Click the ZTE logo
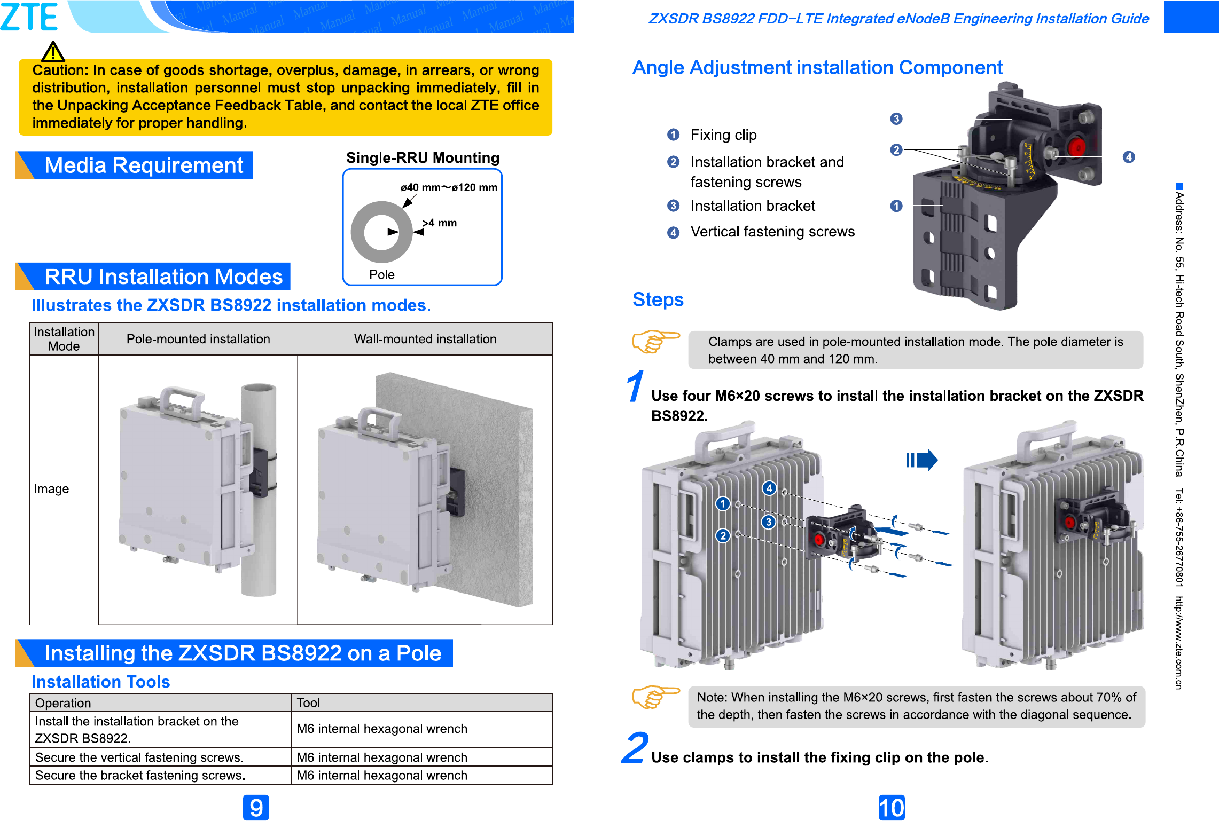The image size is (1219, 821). pos(29,17)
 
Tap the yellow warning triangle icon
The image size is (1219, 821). pos(53,52)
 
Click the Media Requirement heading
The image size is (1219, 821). pos(143,165)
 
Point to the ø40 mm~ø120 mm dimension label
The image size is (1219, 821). pos(449,187)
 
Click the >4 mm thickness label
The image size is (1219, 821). pos(440,223)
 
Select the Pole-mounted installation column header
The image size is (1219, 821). pos(198,339)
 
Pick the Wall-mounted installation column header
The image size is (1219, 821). pos(425,339)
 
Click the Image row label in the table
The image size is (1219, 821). pos(51,489)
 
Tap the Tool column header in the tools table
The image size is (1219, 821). pos(309,703)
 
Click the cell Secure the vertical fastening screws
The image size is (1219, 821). pos(139,757)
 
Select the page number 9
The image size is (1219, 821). pos(256,808)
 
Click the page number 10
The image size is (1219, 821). pos(892,808)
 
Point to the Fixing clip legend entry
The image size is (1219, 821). pos(723,135)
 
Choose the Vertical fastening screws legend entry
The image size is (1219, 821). pos(772,232)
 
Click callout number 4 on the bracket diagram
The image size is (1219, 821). pos(1128,157)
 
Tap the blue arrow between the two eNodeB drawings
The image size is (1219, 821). pos(922,460)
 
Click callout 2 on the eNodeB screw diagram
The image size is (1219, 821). pos(723,535)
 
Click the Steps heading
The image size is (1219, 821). pos(658,299)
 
